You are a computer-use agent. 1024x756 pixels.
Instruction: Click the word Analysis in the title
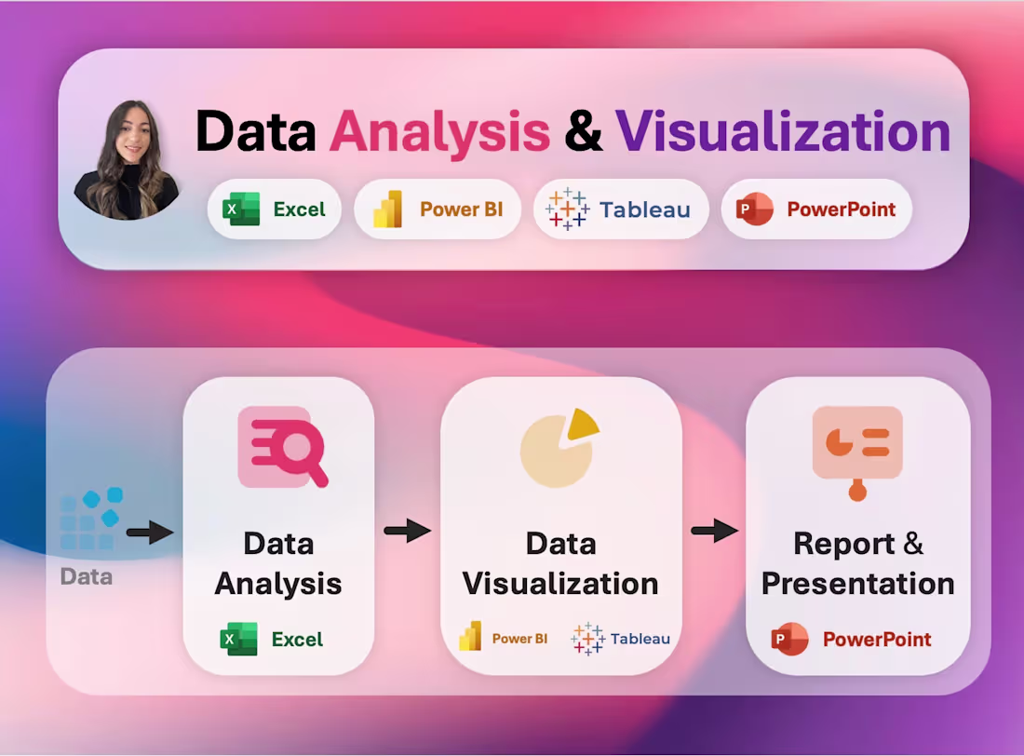point(439,131)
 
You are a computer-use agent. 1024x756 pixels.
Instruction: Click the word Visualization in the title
point(783,131)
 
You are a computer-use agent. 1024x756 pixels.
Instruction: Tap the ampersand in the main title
point(583,131)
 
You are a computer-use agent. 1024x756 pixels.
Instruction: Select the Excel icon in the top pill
point(241,209)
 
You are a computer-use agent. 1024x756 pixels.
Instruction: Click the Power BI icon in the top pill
point(387,209)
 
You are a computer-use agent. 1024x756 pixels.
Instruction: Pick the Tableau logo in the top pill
point(567,209)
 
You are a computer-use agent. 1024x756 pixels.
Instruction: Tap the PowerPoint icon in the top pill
point(754,209)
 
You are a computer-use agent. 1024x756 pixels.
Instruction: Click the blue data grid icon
point(91,519)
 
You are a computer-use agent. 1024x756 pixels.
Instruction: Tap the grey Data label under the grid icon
point(87,577)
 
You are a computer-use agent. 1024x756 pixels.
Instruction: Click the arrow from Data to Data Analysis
point(150,533)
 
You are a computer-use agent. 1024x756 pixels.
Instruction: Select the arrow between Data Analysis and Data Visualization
point(407,531)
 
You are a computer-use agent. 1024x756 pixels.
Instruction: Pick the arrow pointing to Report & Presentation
point(714,531)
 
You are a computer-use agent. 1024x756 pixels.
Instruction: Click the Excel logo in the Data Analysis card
point(238,640)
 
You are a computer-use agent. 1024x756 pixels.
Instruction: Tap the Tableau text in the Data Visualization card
point(640,639)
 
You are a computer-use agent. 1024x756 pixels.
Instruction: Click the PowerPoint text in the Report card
point(877,640)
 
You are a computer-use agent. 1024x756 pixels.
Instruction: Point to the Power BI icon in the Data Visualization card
point(470,637)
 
